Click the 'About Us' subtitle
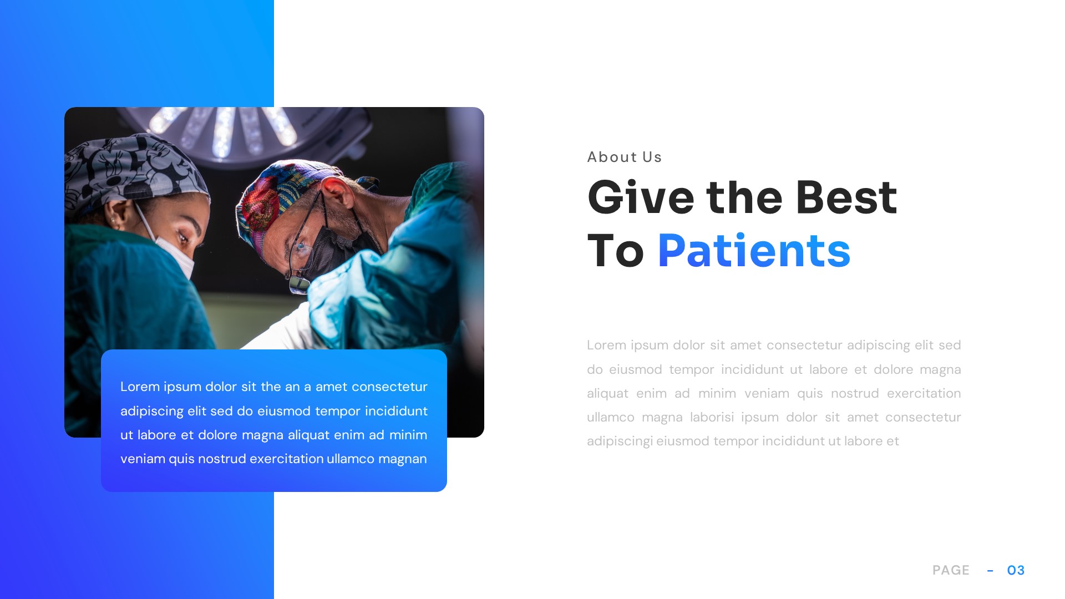click(x=624, y=158)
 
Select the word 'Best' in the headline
click(x=846, y=198)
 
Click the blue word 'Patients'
click(x=753, y=251)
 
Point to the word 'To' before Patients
click(x=615, y=251)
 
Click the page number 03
click(x=1016, y=570)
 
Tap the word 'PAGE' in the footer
click(x=951, y=570)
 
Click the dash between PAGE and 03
click(x=990, y=571)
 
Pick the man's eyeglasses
click(x=302, y=250)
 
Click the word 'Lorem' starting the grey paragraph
click(x=606, y=345)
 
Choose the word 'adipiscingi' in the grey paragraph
click(x=620, y=441)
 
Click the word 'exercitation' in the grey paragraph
click(x=924, y=394)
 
